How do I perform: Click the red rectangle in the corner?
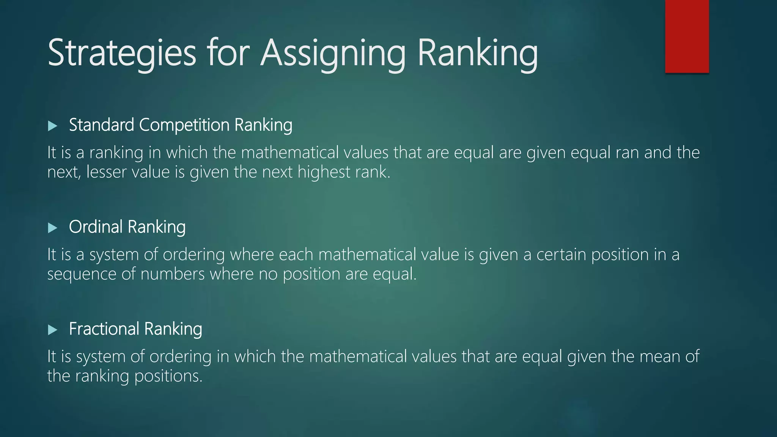click(x=687, y=36)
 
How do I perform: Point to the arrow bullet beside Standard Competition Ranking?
click(x=53, y=126)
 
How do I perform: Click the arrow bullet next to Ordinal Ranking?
click(x=53, y=228)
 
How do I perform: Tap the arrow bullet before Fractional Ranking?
click(x=53, y=330)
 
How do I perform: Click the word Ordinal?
click(x=96, y=227)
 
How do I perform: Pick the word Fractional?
click(x=104, y=329)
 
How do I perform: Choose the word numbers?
click(x=173, y=274)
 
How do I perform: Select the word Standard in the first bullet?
click(x=101, y=125)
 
